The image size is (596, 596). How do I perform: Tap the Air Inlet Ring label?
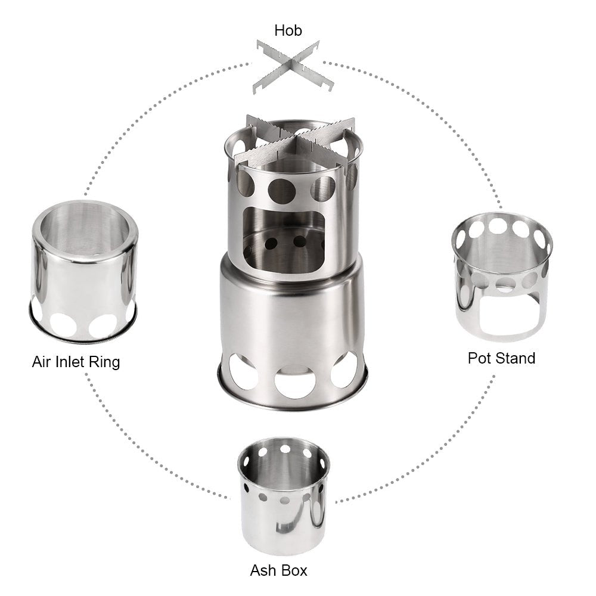(76, 361)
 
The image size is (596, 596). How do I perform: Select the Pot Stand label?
(501, 358)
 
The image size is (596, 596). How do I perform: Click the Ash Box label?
(278, 570)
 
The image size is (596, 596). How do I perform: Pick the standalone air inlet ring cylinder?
(84, 268)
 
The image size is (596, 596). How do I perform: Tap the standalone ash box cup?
(283, 495)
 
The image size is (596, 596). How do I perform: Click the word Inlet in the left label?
(67, 361)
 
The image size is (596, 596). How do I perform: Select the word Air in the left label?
(41, 361)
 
